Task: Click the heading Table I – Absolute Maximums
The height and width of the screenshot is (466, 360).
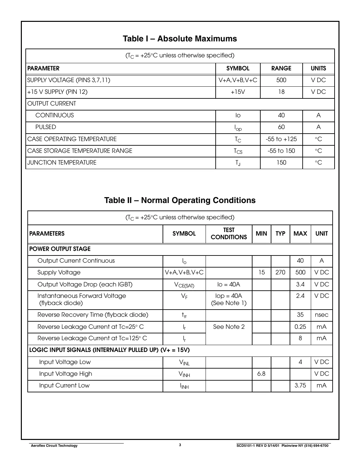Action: pyautogui.click(x=180, y=39)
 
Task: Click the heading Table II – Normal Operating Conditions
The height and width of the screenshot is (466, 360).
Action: pyautogui.click(x=180, y=200)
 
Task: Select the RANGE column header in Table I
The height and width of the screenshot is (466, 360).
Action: pyautogui.click(x=281, y=68)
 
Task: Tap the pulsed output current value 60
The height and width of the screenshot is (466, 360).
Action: pyautogui.click(x=281, y=127)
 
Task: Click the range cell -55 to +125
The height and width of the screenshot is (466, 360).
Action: pyautogui.click(x=281, y=139)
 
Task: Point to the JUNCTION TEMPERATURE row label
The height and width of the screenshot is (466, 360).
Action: pyautogui.click(x=62, y=163)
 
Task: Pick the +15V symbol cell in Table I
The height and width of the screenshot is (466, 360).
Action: pyautogui.click(x=238, y=92)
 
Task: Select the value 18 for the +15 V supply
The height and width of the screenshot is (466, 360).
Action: pyautogui.click(x=281, y=92)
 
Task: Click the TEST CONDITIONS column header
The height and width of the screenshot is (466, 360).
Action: pyautogui.click(x=229, y=234)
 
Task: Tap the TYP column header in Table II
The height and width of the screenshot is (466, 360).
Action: pyautogui.click(x=280, y=234)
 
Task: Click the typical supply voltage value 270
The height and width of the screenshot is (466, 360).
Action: pyautogui.click(x=280, y=272)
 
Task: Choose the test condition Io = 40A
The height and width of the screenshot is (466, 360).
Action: pyautogui.click(x=229, y=284)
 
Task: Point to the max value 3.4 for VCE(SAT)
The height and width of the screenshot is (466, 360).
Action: pyautogui.click(x=300, y=284)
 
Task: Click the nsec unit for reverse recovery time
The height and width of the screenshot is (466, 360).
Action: pyautogui.click(x=322, y=315)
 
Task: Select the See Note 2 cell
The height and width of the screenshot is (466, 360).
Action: pyautogui.click(x=229, y=327)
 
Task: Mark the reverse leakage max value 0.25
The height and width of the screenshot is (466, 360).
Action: pyautogui.click(x=300, y=327)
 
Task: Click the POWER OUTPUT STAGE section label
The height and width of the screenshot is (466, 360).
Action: pyautogui.click(x=60, y=249)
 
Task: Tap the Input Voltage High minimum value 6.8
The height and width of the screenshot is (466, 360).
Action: pyautogui.click(x=261, y=374)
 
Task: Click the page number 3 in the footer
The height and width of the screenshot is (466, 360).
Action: pyautogui.click(x=180, y=445)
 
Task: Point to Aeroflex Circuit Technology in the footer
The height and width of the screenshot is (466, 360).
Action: pyautogui.click(x=54, y=446)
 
